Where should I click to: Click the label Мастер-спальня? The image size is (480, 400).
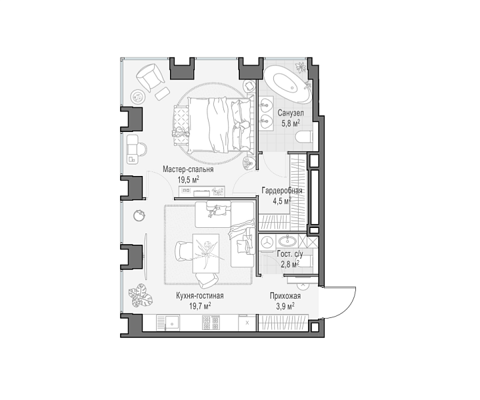click(x=188, y=169)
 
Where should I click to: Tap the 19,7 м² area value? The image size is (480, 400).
click(x=200, y=306)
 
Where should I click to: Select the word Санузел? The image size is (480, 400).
click(x=291, y=113)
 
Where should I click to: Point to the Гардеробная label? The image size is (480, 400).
click(x=281, y=191)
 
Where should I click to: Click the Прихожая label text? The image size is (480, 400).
click(x=285, y=296)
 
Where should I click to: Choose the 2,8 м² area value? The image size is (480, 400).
click(x=290, y=264)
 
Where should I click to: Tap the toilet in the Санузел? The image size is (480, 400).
click(x=304, y=137)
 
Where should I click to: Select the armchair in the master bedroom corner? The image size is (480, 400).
click(x=151, y=77)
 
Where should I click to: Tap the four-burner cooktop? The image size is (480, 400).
click(x=211, y=323)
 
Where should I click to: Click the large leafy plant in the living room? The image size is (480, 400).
click(x=140, y=295)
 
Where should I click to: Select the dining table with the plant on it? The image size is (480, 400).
click(x=206, y=253)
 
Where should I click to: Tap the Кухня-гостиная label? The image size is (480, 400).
click(x=199, y=296)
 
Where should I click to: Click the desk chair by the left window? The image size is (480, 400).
click(x=142, y=149)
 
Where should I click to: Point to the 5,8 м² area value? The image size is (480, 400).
click(x=291, y=123)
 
